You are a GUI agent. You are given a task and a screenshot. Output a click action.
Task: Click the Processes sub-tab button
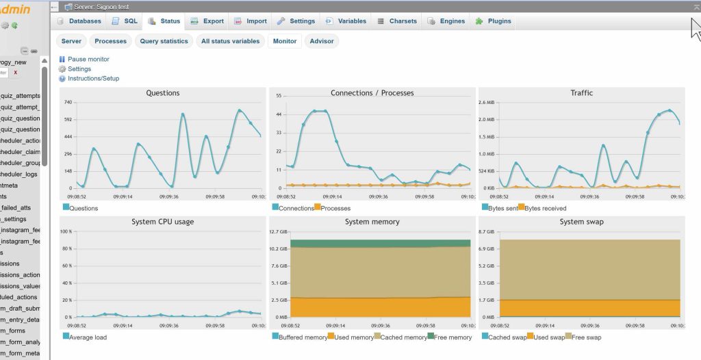click(x=110, y=41)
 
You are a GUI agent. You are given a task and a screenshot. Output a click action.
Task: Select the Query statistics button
click(x=164, y=41)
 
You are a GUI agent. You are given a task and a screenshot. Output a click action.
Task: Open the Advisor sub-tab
click(x=322, y=41)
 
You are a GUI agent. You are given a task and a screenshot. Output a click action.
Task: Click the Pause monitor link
click(x=88, y=60)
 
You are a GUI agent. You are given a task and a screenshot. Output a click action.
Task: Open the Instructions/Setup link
click(x=93, y=79)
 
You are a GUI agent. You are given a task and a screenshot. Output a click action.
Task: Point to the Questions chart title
click(x=163, y=93)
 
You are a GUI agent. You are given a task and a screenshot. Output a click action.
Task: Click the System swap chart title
click(x=581, y=222)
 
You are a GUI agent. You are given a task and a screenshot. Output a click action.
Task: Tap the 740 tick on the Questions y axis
click(x=68, y=102)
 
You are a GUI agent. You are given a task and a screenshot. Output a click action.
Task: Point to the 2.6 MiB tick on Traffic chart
click(x=485, y=102)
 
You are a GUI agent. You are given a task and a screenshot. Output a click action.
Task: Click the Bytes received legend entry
click(x=545, y=208)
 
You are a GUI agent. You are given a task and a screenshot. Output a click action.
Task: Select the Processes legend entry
click(x=335, y=208)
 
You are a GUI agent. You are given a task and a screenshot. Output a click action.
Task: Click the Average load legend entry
click(x=88, y=337)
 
